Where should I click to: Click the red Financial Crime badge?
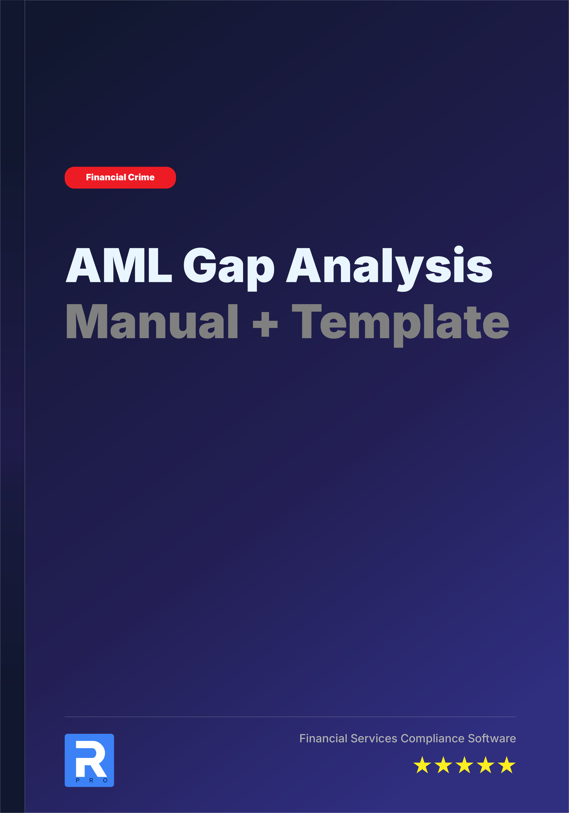pos(120,177)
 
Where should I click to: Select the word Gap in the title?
pos(229,267)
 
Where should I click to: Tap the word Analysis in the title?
pos(389,266)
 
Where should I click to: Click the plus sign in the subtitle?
pos(265,324)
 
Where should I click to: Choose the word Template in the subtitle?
pos(400,322)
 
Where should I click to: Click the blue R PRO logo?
pos(89,760)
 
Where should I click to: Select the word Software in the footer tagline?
pos(492,738)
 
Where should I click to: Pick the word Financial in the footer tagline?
pos(323,738)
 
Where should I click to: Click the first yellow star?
pos(422,765)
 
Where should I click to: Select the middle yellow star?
pos(465,765)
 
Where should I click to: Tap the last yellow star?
pos(507,765)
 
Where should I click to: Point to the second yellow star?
pos(443,765)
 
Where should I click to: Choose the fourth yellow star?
pos(485,765)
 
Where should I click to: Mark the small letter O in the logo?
pos(105,780)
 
